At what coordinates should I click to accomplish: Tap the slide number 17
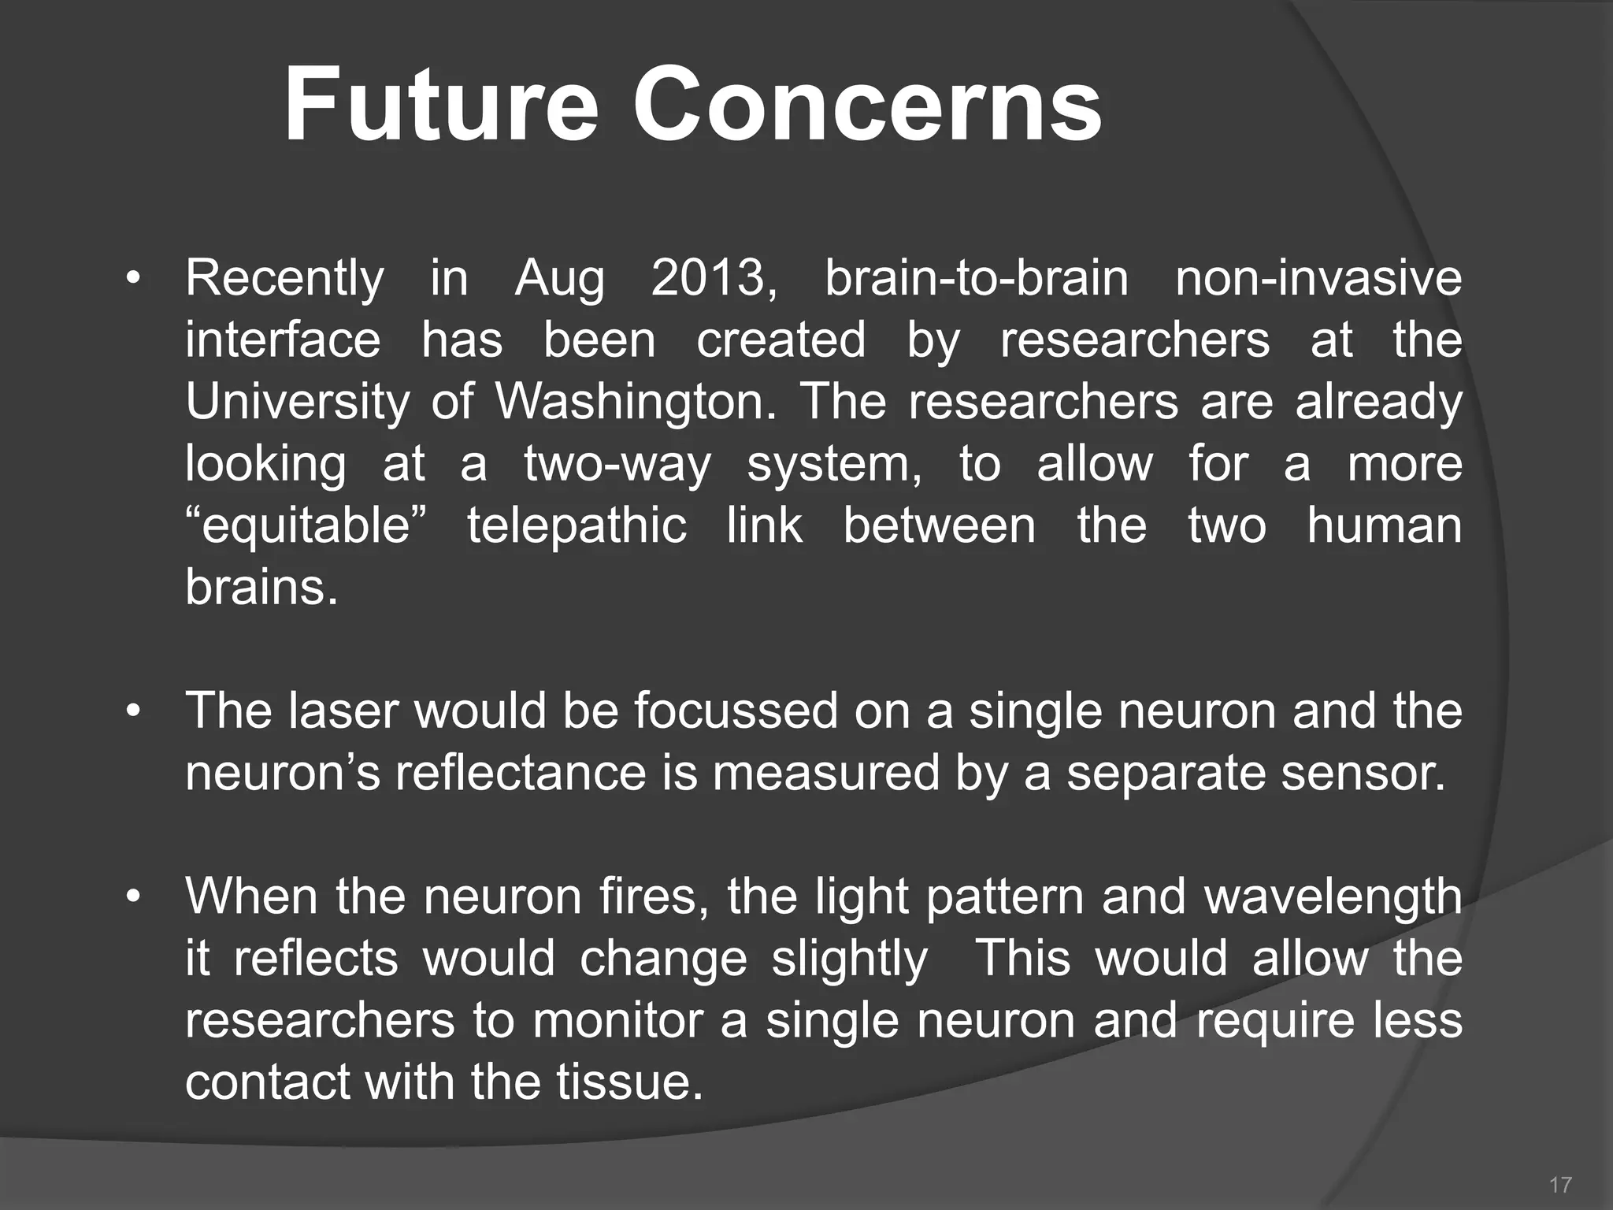1560,1184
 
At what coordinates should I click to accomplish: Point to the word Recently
284,280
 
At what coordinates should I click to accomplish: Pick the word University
297,403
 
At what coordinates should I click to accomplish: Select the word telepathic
577,525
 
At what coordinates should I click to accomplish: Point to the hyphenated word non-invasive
1318,278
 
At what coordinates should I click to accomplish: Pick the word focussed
736,711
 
